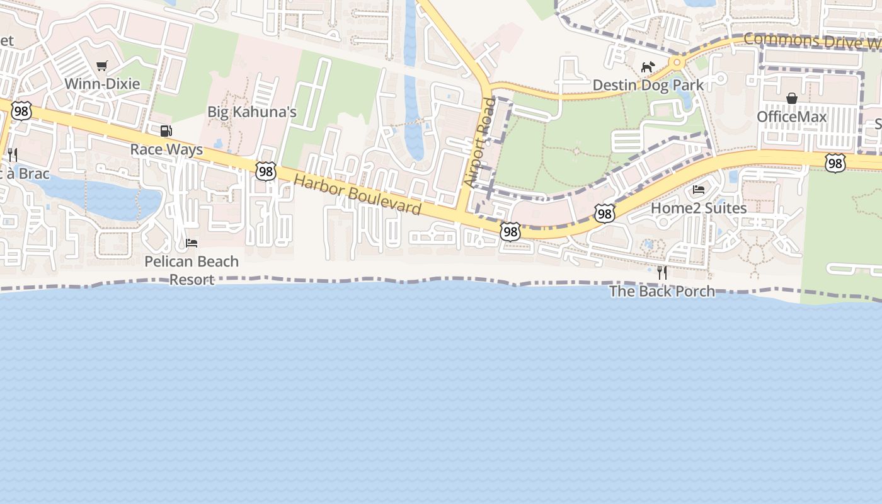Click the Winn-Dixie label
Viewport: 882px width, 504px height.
click(102, 84)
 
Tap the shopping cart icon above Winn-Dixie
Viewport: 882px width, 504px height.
click(102, 66)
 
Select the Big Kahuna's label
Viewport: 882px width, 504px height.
click(252, 112)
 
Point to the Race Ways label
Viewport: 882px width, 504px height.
click(166, 149)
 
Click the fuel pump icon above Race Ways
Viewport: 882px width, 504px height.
click(166, 131)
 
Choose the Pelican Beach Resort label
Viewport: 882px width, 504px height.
click(192, 270)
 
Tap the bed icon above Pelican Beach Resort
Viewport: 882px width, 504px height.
click(192, 243)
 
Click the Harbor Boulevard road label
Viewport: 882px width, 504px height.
click(357, 194)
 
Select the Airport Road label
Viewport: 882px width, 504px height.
click(480, 142)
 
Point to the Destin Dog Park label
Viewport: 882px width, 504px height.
click(648, 85)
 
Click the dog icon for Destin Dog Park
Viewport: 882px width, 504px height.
click(648, 67)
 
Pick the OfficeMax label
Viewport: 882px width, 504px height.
click(791, 117)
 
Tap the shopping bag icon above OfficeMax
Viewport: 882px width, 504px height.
click(792, 98)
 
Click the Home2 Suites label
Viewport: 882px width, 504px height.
click(699, 208)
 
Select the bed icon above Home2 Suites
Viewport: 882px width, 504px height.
click(699, 190)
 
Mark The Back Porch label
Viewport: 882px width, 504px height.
click(662, 291)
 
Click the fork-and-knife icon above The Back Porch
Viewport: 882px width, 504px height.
click(662, 273)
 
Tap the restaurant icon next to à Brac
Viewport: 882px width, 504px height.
click(12, 154)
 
